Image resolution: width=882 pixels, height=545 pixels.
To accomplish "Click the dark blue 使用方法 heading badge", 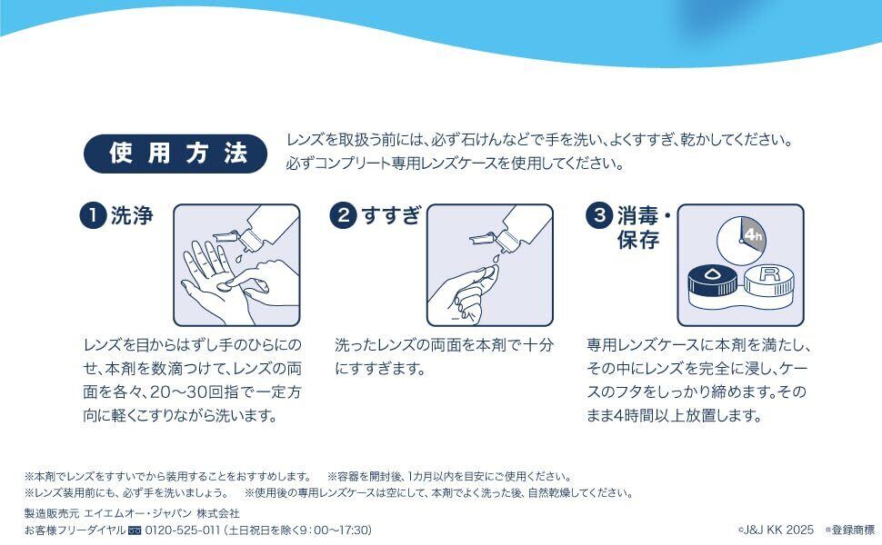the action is coord(175,153).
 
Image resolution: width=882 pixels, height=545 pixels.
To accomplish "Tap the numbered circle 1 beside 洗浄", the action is coord(93,216).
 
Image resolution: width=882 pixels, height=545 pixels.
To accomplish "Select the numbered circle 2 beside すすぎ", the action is coord(343,216).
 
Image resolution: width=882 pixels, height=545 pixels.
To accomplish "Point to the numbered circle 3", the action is coord(599,216).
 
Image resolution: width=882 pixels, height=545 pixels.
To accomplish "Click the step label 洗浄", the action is coord(132,216).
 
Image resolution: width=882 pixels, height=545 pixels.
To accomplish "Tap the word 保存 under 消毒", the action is coord(638,240).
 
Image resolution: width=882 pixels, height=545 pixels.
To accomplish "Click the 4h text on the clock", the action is coord(753,235).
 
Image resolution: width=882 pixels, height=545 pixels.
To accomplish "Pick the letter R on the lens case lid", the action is coord(769,274).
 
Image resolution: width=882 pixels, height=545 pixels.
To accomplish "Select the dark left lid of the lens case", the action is coord(713,282).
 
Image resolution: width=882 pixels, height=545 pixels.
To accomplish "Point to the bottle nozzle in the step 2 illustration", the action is coord(485,238).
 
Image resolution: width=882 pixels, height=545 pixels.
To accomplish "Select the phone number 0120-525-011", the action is coord(182,530).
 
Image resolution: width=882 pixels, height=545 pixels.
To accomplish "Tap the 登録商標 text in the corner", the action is coord(853,530).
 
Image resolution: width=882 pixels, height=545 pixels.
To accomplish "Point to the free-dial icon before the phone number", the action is coord(135,530).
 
